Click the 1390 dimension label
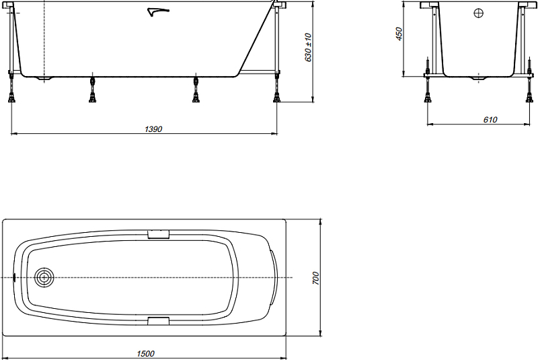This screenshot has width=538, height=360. (153, 129)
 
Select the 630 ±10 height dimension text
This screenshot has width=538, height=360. (308, 47)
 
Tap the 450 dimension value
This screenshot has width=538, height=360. (399, 34)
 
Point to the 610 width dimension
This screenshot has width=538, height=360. (490, 119)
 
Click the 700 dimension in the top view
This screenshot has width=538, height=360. (315, 278)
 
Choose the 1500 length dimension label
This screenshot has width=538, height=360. (145, 353)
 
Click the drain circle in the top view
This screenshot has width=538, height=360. (44, 277)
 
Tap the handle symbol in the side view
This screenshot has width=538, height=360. (158, 12)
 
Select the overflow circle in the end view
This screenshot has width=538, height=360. (478, 13)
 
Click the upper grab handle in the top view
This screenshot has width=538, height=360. (158, 234)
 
